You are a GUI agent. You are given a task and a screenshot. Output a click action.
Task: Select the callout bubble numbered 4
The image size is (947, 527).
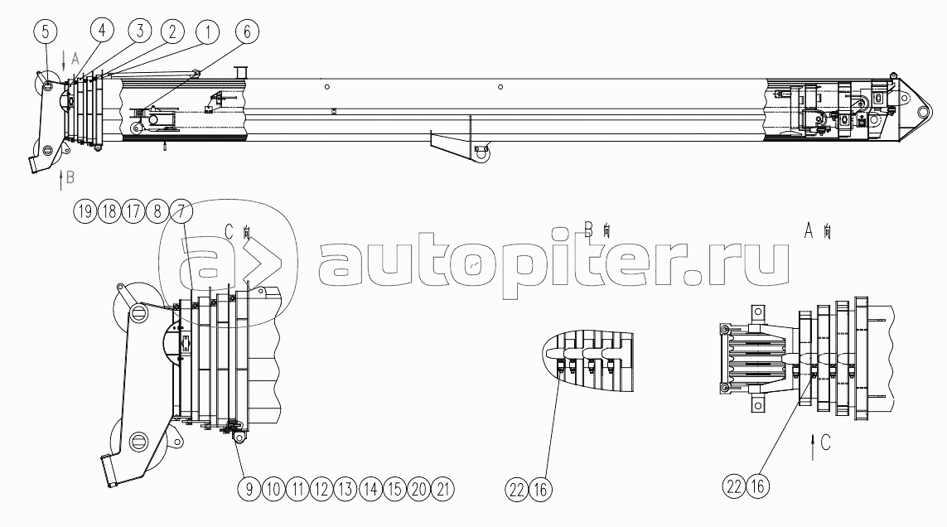102,31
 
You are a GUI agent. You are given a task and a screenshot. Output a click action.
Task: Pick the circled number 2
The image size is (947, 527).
172,31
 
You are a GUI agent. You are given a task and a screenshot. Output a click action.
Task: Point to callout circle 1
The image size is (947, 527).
206,31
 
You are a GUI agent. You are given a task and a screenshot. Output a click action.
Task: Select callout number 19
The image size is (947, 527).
84,210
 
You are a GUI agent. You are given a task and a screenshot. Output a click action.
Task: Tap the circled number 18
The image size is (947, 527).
108,210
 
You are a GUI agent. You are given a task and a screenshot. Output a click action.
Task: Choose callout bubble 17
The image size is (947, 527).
132,210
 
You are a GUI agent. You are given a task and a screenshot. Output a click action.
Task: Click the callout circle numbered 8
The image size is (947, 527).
156,210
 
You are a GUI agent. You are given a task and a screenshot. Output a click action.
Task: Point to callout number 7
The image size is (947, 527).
181,210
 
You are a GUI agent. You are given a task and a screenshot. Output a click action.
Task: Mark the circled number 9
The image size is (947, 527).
248,489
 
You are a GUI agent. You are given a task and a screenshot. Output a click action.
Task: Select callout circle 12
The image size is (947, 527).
321,489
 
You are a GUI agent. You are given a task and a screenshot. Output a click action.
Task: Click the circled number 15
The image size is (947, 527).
395,489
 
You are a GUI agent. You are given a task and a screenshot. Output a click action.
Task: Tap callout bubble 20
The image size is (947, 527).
419,489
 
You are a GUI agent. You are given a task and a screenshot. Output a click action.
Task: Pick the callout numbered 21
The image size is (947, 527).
444,489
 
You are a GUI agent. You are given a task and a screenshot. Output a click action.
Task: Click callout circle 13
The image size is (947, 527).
346,489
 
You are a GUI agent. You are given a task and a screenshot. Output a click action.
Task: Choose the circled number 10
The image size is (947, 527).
273,489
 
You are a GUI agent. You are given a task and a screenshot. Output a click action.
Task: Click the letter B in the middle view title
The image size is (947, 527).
589,231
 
